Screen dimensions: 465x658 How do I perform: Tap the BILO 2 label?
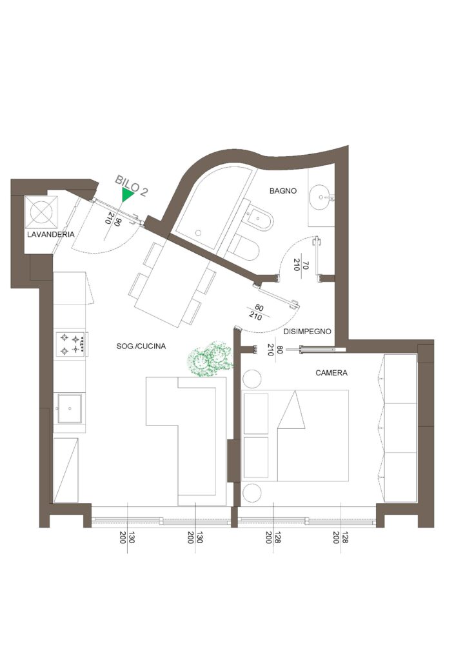(x=132, y=186)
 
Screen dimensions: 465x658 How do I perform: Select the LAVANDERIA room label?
(x=51, y=234)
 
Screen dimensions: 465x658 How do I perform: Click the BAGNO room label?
(x=283, y=190)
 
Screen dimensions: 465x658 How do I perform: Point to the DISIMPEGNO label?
(x=307, y=331)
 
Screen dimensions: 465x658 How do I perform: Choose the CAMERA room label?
(x=331, y=373)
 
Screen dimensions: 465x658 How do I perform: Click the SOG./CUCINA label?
(x=141, y=346)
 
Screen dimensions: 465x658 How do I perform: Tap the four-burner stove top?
(x=72, y=343)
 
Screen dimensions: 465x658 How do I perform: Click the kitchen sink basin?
(x=69, y=408)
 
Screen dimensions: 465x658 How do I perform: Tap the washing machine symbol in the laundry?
(x=41, y=212)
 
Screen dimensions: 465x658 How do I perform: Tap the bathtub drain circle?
(x=199, y=233)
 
